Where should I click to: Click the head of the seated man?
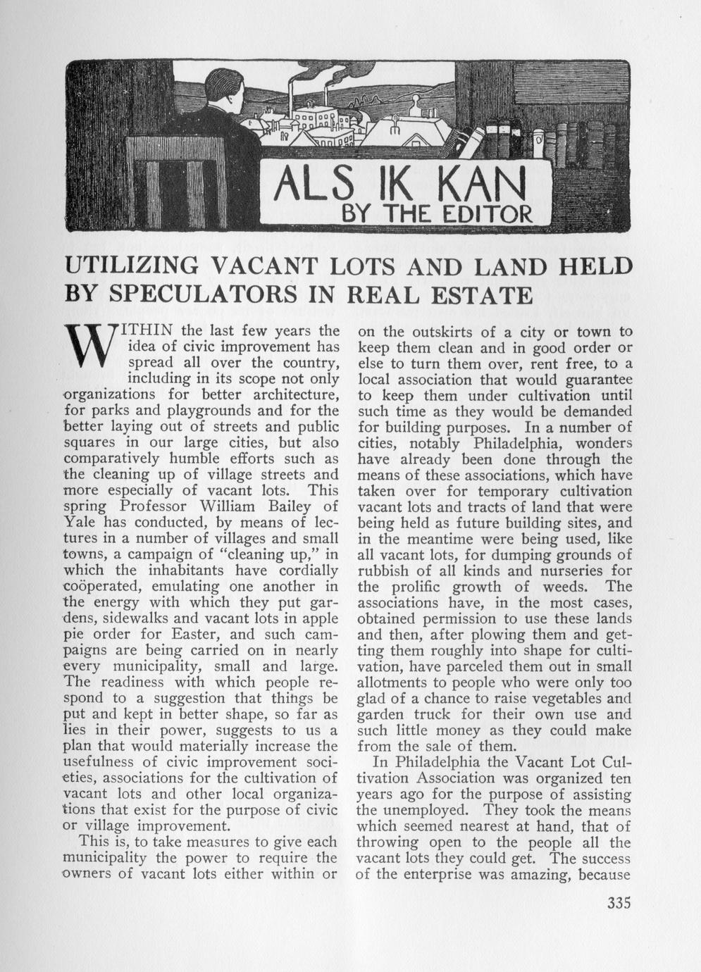pos(223,94)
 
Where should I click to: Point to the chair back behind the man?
pos(176,180)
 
